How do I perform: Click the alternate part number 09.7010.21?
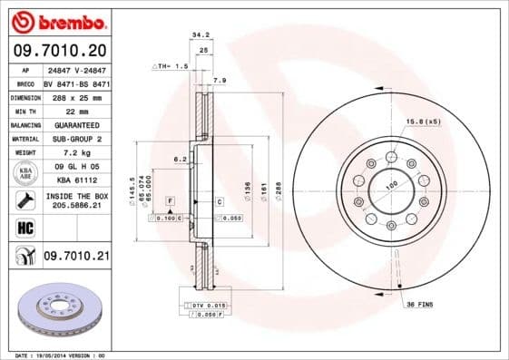point(75,258)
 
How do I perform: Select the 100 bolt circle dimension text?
point(392,186)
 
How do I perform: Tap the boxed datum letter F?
point(171,200)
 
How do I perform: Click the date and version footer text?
point(55,355)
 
